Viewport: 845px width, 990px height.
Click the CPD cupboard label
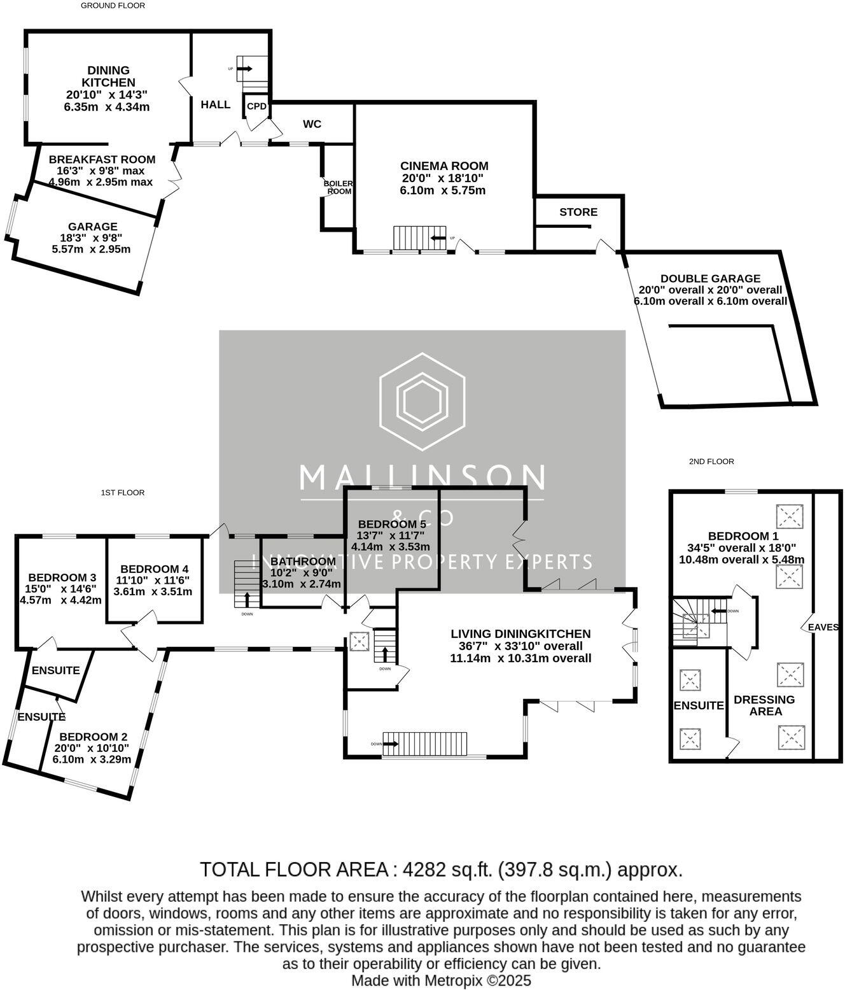256,106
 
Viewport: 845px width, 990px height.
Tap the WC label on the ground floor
312,124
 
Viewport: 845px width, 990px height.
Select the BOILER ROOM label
338,187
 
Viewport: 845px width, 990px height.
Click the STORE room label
578,212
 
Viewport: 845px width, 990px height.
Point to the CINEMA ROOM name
444,166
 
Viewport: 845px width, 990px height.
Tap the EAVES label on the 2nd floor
823,627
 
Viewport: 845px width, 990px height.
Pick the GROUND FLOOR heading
113,6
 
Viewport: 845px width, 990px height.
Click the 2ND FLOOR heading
711,462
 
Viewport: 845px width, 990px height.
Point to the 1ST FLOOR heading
122,493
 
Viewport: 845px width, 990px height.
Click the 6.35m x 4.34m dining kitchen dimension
107,107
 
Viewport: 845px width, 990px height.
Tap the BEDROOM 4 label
154,569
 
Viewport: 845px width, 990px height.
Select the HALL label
216,104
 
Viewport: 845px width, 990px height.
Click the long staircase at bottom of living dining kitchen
425,744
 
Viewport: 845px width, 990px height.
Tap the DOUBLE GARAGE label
710,278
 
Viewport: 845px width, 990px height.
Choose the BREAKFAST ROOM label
102,159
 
